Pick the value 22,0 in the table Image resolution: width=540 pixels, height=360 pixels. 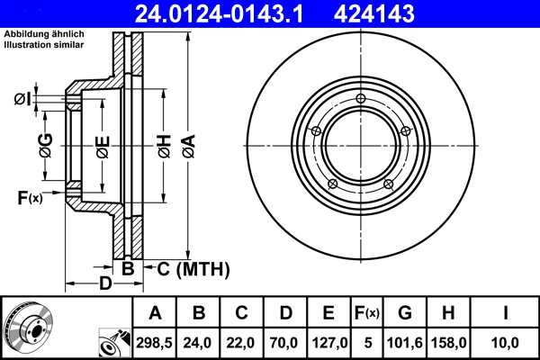[x=242, y=341]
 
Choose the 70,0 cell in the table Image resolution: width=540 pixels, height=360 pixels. [x=285, y=341]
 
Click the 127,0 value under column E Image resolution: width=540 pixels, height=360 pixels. [x=328, y=341]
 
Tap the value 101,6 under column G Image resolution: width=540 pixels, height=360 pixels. [x=404, y=341]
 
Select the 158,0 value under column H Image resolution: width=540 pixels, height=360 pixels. [x=449, y=341]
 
